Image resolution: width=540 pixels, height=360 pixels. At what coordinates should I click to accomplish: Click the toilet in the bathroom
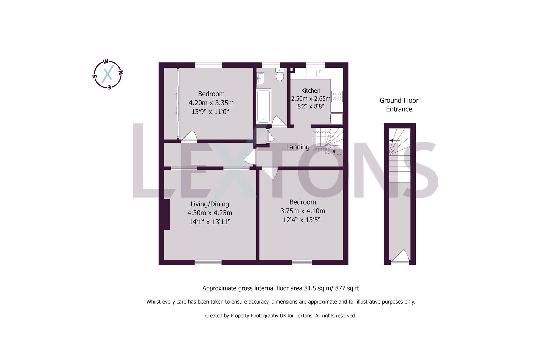click(x=280, y=75)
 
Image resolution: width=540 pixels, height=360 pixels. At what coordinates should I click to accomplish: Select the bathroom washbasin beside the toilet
click(x=260, y=78)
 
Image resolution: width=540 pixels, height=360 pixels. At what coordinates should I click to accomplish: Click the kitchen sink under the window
click(x=315, y=73)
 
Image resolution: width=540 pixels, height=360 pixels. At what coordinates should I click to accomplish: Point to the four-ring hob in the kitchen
click(x=337, y=96)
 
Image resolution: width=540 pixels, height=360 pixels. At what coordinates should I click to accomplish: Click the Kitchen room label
click(x=311, y=91)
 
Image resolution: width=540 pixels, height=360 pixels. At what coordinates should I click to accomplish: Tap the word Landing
click(x=298, y=147)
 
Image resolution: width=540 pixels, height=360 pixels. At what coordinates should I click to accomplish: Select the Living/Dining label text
click(x=210, y=204)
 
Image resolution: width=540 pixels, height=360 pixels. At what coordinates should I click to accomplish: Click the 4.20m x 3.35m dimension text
click(x=211, y=103)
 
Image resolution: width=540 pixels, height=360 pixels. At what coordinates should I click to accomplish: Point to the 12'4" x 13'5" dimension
click(x=302, y=220)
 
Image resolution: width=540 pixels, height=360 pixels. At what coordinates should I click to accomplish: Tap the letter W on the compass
click(x=105, y=61)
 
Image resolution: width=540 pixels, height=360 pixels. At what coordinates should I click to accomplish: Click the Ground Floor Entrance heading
click(x=399, y=105)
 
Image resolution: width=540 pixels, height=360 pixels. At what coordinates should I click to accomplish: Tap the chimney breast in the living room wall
click(x=167, y=214)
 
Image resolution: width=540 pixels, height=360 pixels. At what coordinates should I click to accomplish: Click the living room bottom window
click(x=208, y=262)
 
